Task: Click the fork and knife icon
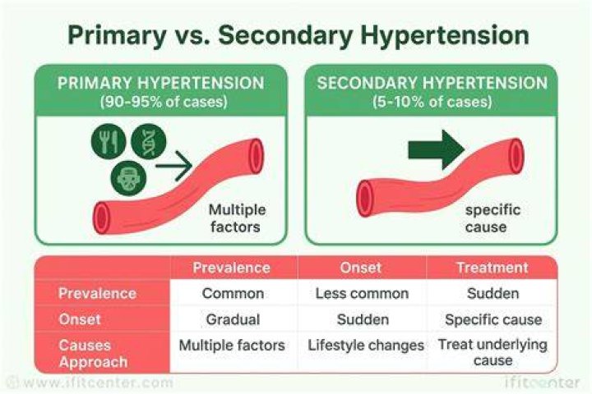[109, 141]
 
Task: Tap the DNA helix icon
[148, 141]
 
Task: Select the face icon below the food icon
[128, 178]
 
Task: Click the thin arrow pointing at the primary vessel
[174, 166]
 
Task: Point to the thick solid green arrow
[437, 149]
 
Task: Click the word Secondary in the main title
[285, 35]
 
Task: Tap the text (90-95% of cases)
[164, 102]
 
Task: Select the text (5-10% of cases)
[432, 102]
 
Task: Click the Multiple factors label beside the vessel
[237, 218]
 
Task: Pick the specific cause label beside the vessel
[493, 218]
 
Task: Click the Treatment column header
[493, 268]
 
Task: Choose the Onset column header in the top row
[361, 268]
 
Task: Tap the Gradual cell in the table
[233, 320]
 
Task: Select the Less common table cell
[362, 293]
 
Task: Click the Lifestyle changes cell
[366, 346]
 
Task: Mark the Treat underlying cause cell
[493, 352]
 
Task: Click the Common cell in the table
[233, 293]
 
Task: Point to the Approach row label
[93, 362]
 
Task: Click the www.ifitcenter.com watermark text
[90, 383]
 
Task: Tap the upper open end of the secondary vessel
[516, 156]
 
